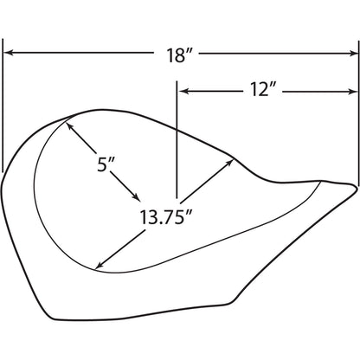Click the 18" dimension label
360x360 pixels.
coord(179,55)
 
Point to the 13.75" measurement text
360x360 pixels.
coord(166,217)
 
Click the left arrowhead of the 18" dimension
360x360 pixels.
coord(9,53)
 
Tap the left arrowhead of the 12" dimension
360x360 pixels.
coord(183,92)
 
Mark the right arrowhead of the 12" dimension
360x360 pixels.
coord(353,92)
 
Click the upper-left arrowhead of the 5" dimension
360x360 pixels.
coord(70,126)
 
